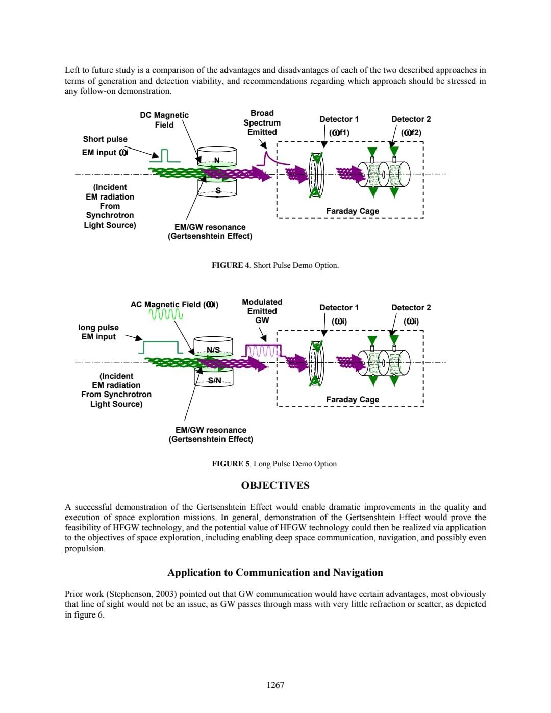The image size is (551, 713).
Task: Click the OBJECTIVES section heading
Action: tap(275, 485)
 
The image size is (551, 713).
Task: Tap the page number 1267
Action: tap(275, 685)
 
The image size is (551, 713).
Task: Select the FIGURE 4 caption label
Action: tap(231, 265)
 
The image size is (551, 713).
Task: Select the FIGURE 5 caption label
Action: tap(231, 464)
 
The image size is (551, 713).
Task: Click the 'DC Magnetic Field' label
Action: tap(164, 120)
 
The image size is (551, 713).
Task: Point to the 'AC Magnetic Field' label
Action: tap(174, 305)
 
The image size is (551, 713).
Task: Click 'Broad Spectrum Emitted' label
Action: tap(262, 122)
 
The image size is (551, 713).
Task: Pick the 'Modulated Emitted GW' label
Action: tap(262, 311)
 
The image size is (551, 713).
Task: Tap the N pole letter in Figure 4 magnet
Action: tap(217, 160)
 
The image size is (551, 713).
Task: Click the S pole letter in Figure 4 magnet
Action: tap(218, 190)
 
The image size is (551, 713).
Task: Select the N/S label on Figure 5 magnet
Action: tap(213, 350)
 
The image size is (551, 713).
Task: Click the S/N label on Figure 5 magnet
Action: tap(215, 380)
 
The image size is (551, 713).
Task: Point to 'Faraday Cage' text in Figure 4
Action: tap(353, 211)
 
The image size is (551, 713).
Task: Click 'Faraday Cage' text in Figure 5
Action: tap(353, 399)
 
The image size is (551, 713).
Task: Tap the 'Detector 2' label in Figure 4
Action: tap(411, 119)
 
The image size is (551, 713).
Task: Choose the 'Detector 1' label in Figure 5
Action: tap(339, 308)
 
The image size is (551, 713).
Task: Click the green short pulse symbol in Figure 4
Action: tap(164, 156)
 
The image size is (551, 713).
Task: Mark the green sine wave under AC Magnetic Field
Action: tap(166, 314)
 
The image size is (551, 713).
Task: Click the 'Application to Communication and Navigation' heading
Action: tap(275, 572)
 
